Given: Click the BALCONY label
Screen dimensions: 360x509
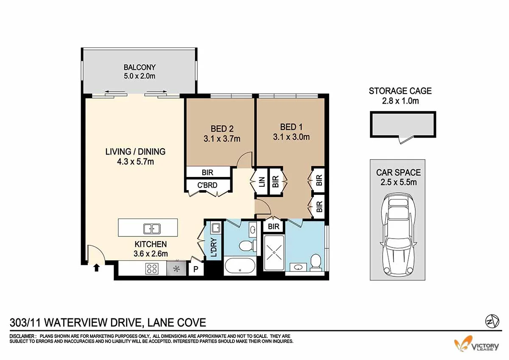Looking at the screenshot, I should coord(140,67).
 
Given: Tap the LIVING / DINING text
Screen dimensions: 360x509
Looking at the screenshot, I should coord(135,152).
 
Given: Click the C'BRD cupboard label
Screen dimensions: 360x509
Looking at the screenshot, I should coord(207,185).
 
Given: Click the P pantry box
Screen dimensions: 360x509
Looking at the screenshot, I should coord(196,269).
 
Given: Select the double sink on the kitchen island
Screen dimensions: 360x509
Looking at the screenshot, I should coord(151,228).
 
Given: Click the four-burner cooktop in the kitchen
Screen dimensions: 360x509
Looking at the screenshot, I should coord(152,268).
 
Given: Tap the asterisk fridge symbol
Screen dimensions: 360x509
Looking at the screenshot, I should coord(176,268).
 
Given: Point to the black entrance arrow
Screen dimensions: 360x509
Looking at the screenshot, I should coord(97,267).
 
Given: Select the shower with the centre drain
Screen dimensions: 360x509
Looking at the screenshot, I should coord(274,252).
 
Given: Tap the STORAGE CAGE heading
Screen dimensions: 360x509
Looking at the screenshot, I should coord(400,91).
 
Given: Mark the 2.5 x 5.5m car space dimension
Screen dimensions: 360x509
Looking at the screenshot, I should coord(398,183).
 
